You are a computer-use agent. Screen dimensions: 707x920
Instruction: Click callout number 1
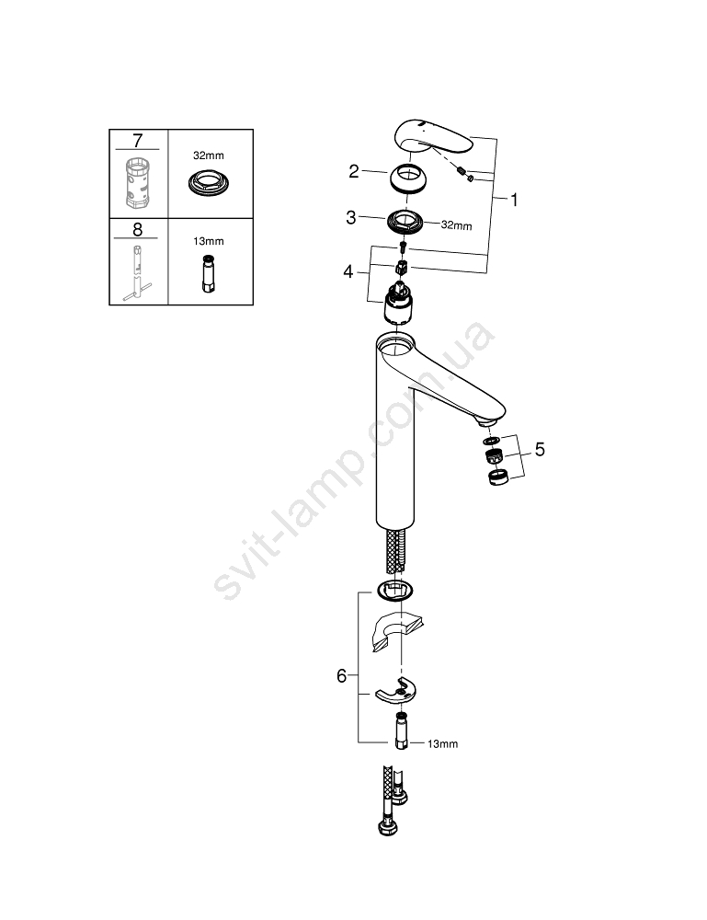pos(514,200)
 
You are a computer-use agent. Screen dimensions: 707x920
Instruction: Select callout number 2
pos(353,171)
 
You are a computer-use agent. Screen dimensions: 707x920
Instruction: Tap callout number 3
pos(351,218)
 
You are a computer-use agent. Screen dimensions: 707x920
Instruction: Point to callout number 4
pos(348,271)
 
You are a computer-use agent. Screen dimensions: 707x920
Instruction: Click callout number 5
pos(540,450)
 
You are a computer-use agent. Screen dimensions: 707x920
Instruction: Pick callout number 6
pos(342,676)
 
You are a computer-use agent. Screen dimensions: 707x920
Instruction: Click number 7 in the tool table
pos(137,141)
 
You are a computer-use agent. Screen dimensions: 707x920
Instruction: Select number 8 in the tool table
pos(137,229)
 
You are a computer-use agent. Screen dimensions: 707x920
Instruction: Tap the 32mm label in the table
pos(209,155)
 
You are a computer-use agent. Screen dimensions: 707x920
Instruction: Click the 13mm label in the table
pos(209,241)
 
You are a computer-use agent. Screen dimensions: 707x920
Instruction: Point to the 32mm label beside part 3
pos(457,224)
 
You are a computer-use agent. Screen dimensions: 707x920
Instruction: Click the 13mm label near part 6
pos(442,744)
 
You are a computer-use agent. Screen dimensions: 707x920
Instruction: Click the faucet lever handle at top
pos(434,137)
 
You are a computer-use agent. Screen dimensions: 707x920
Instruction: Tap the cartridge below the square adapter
pos(398,302)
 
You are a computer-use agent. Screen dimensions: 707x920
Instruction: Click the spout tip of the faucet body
pos(488,420)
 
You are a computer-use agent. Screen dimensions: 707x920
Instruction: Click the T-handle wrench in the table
pos(137,273)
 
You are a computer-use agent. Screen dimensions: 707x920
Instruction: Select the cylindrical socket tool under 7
pos(138,182)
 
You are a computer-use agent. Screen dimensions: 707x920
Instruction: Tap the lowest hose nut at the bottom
pos(387,828)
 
